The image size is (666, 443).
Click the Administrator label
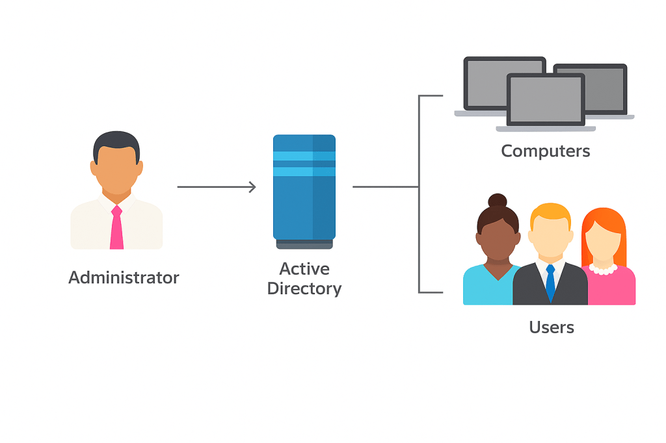(x=124, y=277)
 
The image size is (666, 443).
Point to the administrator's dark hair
(x=116, y=144)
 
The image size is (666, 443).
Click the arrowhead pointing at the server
(x=253, y=186)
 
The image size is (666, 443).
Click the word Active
(x=304, y=269)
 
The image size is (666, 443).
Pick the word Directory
(x=304, y=289)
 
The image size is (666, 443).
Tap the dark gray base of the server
(x=304, y=244)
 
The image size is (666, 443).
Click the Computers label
(x=546, y=151)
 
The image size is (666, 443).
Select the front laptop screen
(x=546, y=99)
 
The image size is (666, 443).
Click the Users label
(x=552, y=327)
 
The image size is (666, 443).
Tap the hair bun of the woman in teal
(x=498, y=200)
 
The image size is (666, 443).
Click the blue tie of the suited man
(x=550, y=282)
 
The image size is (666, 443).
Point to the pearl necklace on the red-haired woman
(x=603, y=269)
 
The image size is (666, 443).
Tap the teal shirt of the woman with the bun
(x=489, y=285)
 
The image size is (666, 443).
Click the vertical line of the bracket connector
(x=419, y=194)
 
